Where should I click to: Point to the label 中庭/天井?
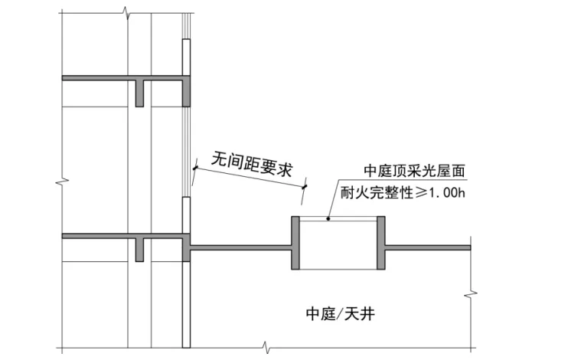pyautogui.click(x=340, y=313)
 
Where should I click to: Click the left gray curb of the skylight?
pyautogui.click(x=295, y=244)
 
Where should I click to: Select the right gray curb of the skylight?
pyautogui.click(x=380, y=244)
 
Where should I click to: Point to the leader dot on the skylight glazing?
pyautogui.click(x=328, y=220)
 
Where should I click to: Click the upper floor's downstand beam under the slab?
pyautogui.click(x=139, y=93)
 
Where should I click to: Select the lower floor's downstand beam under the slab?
pyautogui.click(x=139, y=250)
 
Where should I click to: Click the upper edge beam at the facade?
pyautogui.click(x=186, y=90)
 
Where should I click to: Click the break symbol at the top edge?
pyautogui.click(x=125, y=11)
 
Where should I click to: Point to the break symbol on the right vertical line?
pyautogui.click(x=469, y=293)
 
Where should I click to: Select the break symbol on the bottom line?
pyautogui.click(x=266, y=348)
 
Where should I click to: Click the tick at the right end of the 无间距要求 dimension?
pyautogui.click(x=305, y=185)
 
